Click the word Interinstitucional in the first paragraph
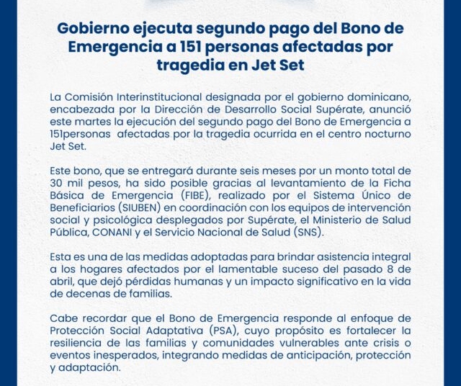(165, 96)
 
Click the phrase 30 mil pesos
(82, 183)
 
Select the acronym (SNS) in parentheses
(308, 233)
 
